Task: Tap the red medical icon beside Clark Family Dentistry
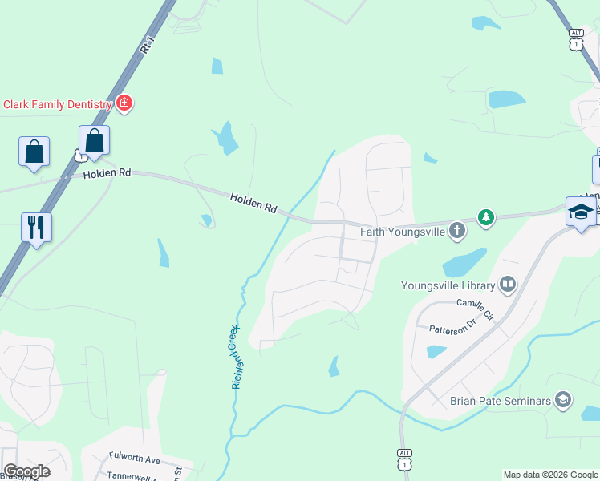[x=124, y=103]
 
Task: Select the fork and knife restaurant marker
[x=36, y=227]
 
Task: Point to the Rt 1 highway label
[x=146, y=47]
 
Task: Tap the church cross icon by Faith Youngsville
[x=456, y=232]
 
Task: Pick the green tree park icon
[x=485, y=216]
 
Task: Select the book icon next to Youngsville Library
[x=507, y=284]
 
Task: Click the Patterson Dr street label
[x=452, y=327]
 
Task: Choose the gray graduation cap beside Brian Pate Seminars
[x=563, y=399]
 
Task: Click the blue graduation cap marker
[x=581, y=212]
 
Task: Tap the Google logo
[x=26, y=471]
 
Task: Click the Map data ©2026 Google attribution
[x=551, y=475]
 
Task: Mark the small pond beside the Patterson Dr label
[x=436, y=351]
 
